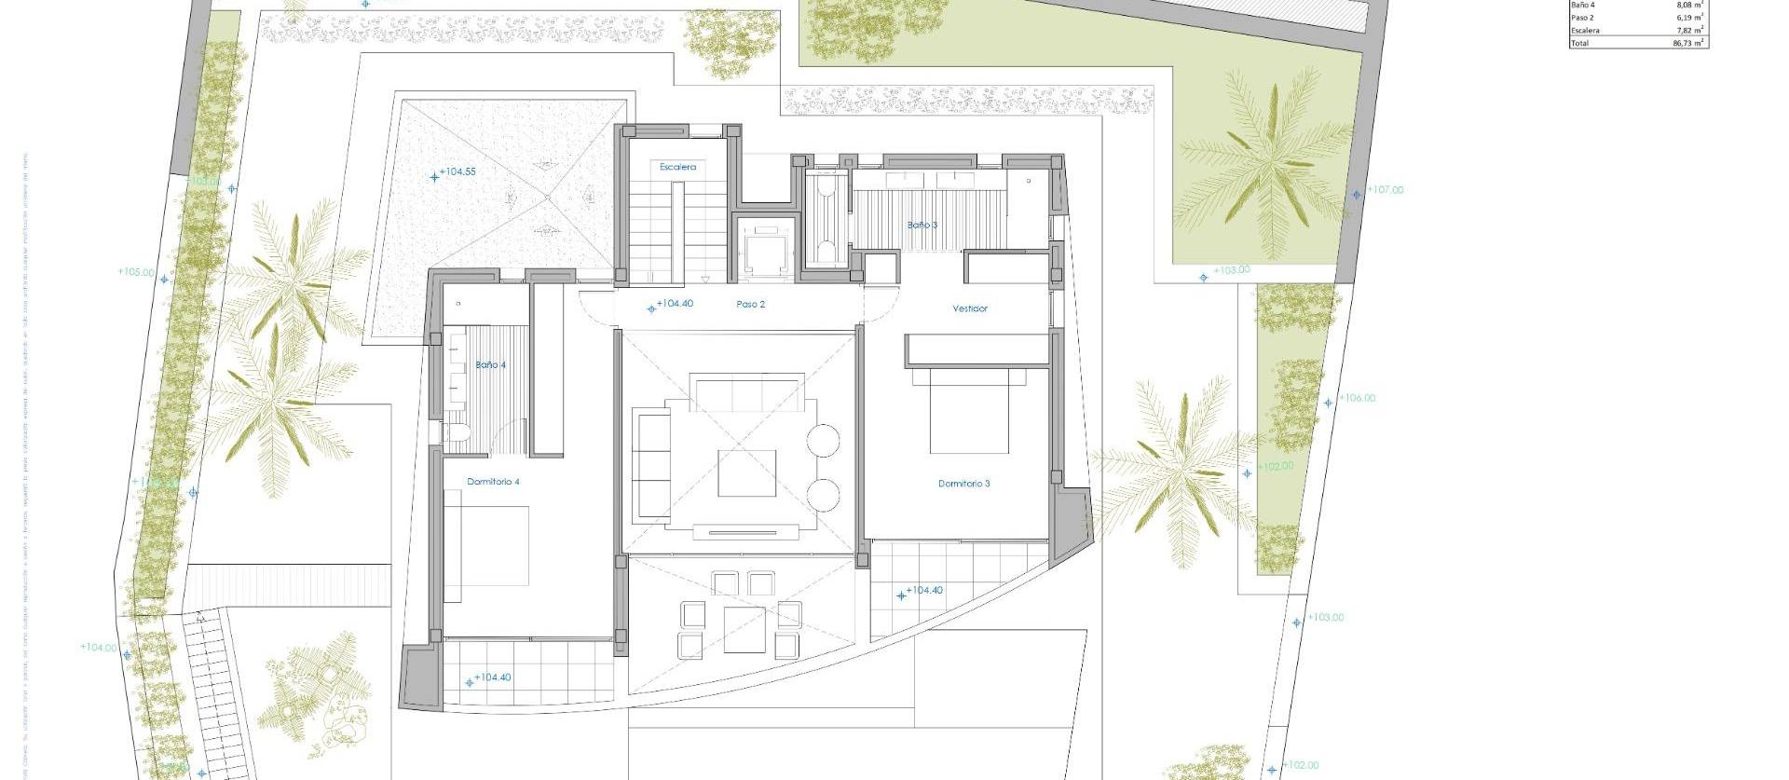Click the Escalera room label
[677, 167]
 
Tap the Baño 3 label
[922, 225]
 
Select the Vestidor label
[969, 308]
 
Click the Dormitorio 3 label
[963, 484]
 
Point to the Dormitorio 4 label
[493, 482]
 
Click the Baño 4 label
[490, 365]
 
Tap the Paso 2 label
[750, 305]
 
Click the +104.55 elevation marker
[456, 172]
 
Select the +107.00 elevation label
[1384, 190]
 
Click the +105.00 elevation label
[136, 272]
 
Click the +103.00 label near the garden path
[1231, 270]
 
